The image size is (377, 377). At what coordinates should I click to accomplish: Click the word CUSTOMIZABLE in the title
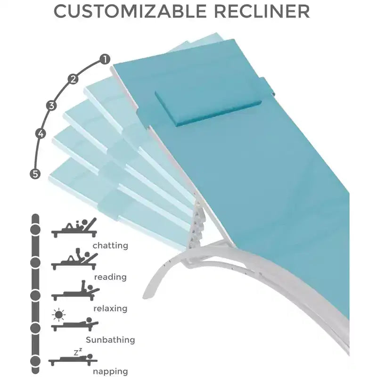point(130,11)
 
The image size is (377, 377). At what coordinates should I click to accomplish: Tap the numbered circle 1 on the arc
point(105,59)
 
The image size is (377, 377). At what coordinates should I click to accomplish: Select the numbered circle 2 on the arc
point(73,79)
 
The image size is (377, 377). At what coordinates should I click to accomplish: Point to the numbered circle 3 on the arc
point(51,106)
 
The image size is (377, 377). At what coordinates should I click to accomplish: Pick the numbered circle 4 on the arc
point(41,133)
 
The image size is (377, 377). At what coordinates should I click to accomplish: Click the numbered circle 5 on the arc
point(35,173)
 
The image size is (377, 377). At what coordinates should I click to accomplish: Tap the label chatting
point(110,246)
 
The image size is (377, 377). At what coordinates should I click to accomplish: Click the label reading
point(110,277)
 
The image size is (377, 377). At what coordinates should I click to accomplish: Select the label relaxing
point(110,308)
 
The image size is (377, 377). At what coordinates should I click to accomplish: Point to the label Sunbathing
point(110,340)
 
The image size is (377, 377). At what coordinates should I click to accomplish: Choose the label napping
point(110,371)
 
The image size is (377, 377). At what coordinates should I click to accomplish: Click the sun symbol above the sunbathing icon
point(58,315)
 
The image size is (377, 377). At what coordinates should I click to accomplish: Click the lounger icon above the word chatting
point(74,228)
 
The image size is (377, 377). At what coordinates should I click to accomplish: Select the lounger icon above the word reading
point(74,259)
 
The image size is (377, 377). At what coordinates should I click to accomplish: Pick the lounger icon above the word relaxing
point(75,290)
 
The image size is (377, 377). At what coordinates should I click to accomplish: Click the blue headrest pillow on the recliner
point(208,108)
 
